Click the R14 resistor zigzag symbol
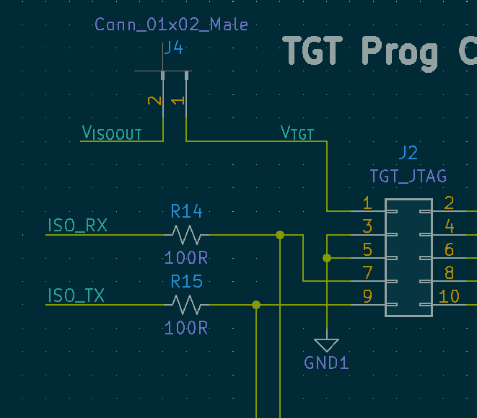[186, 235]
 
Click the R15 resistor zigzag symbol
[186, 305]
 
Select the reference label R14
[186, 211]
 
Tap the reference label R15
[186, 281]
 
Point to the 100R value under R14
[186, 258]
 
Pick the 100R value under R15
[186, 328]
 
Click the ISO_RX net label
[77, 226]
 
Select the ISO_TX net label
[76, 295]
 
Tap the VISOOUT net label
[112, 133]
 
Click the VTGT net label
[297, 133]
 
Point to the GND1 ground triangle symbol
[327, 344]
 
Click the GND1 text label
[326, 363]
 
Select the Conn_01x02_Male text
[171, 25]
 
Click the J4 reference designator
[172, 49]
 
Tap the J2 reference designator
[408, 153]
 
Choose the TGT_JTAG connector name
[408, 176]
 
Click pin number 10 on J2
[449, 296]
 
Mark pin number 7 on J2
[367, 273]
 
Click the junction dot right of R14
[280, 235]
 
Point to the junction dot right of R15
[256, 305]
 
